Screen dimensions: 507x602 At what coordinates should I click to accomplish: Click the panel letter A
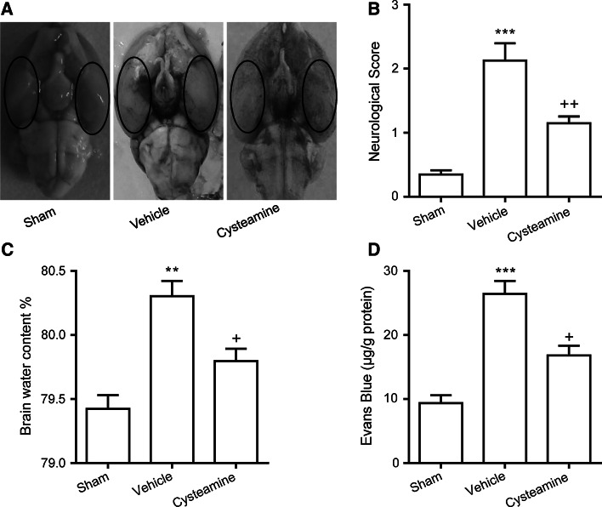coord(7,9)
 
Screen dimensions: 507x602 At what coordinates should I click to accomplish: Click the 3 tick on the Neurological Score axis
coord(396,5)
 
